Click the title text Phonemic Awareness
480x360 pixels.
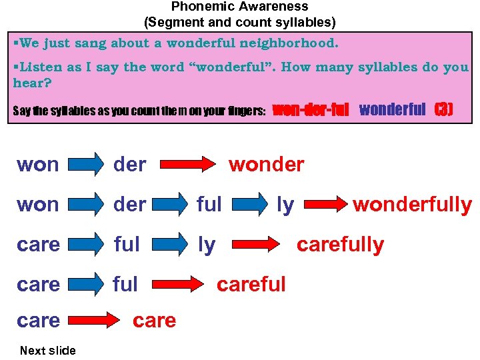pyautogui.click(x=240, y=7)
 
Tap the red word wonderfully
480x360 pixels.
pyautogui.click(x=412, y=205)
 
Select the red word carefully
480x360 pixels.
pyautogui.click(x=340, y=245)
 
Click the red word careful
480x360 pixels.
pyautogui.click(x=251, y=284)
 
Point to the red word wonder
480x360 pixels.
pyautogui.click(x=266, y=164)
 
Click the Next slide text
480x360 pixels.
pyautogui.click(x=48, y=350)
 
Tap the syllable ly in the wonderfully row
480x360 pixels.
pyautogui.click(x=285, y=205)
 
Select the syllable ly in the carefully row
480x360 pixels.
pyautogui.click(x=207, y=245)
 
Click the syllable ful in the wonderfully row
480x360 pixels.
pyautogui.click(x=209, y=205)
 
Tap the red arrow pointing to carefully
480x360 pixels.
pyautogui.click(x=257, y=245)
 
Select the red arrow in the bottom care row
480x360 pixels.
pyautogui.click(x=94, y=321)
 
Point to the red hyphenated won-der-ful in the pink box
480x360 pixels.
pyautogui.click(x=311, y=109)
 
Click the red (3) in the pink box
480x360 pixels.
pyautogui.click(x=443, y=109)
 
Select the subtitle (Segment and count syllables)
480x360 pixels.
pyautogui.click(x=240, y=22)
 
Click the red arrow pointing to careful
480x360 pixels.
pyautogui.click(x=178, y=285)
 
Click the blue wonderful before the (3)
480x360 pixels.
pyautogui.click(x=392, y=109)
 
